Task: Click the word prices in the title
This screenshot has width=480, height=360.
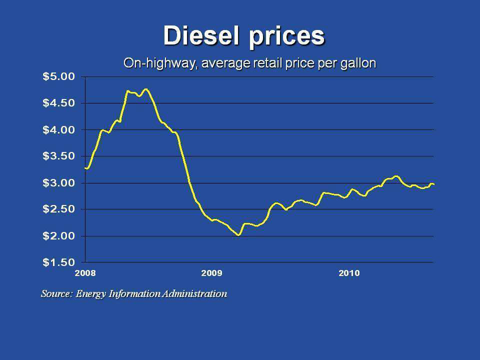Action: (287, 36)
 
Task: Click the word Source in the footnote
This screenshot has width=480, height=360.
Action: (56, 293)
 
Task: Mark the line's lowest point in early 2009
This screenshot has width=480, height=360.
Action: (238, 234)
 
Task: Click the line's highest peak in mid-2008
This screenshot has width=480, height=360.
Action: (145, 89)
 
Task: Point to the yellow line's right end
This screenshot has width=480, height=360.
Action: (433, 184)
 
